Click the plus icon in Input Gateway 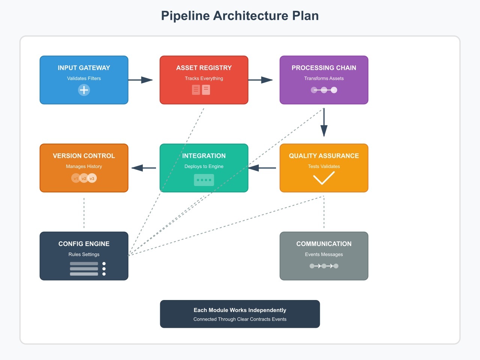pyautogui.click(x=84, y=90)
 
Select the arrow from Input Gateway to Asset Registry pyautogui.click(x=140, y=80)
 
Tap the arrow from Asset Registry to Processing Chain pyautogui.click(x=260, y=80)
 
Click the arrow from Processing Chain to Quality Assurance pyautogui.click(x=324, y=122)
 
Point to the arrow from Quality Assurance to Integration pyautogui.click(x=262, y=168)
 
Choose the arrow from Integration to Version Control pyautogui.click(x=144, y=168)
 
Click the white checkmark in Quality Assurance pyautogui.click(x=324, y=178)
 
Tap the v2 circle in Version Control pyautogui.click(x=84, y=178)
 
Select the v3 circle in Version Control pyautogui.click(x=92, y=178)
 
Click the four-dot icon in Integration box pyautogui.click(x=204, y=180)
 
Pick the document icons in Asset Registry pyautogui.click(x=201, y=90)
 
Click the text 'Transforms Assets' pyautogui.click(x=324, y=78)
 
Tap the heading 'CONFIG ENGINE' pyautogui.click(x=84, y=244)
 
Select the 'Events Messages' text pyautogui.click(x=324, y=254)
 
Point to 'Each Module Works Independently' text pyautogui.click(x=240, y=310)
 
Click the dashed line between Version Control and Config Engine pyautogui.click(x=84, y=213)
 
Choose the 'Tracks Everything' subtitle pyautogui.click(x=204, y=78)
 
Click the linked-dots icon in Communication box pyautogui.click(x=324, y=266)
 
